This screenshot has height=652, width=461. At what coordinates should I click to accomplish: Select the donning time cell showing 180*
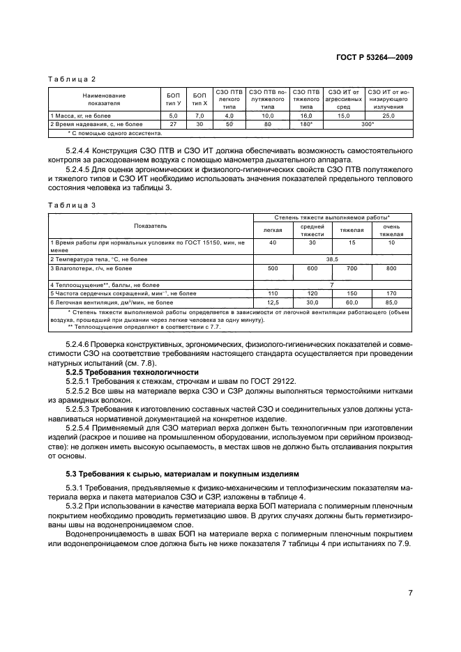pos(306,123)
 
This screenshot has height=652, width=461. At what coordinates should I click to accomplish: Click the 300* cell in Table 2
pos(367,123)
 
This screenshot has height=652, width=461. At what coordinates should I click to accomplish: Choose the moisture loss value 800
pos(391,268)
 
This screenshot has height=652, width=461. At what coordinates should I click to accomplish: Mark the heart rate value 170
pos(391,294)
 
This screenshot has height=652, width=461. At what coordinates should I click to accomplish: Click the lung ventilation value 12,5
pos(273,302)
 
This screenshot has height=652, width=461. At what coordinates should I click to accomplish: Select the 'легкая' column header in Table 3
pos(273,231)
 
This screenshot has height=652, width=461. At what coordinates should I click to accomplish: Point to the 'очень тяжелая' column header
pos(391,231)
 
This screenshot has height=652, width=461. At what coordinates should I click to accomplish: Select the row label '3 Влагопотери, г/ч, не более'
pos(91,268)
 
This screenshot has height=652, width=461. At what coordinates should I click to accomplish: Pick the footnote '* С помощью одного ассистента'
pos(114,132)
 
